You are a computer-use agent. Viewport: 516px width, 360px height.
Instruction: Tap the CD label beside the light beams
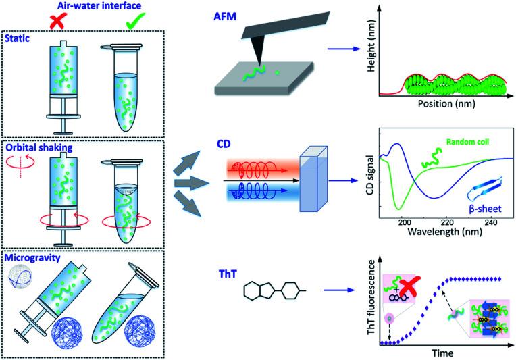click(x=226, y=145)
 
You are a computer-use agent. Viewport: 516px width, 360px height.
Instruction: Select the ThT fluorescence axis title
click(x=369, y=303)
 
